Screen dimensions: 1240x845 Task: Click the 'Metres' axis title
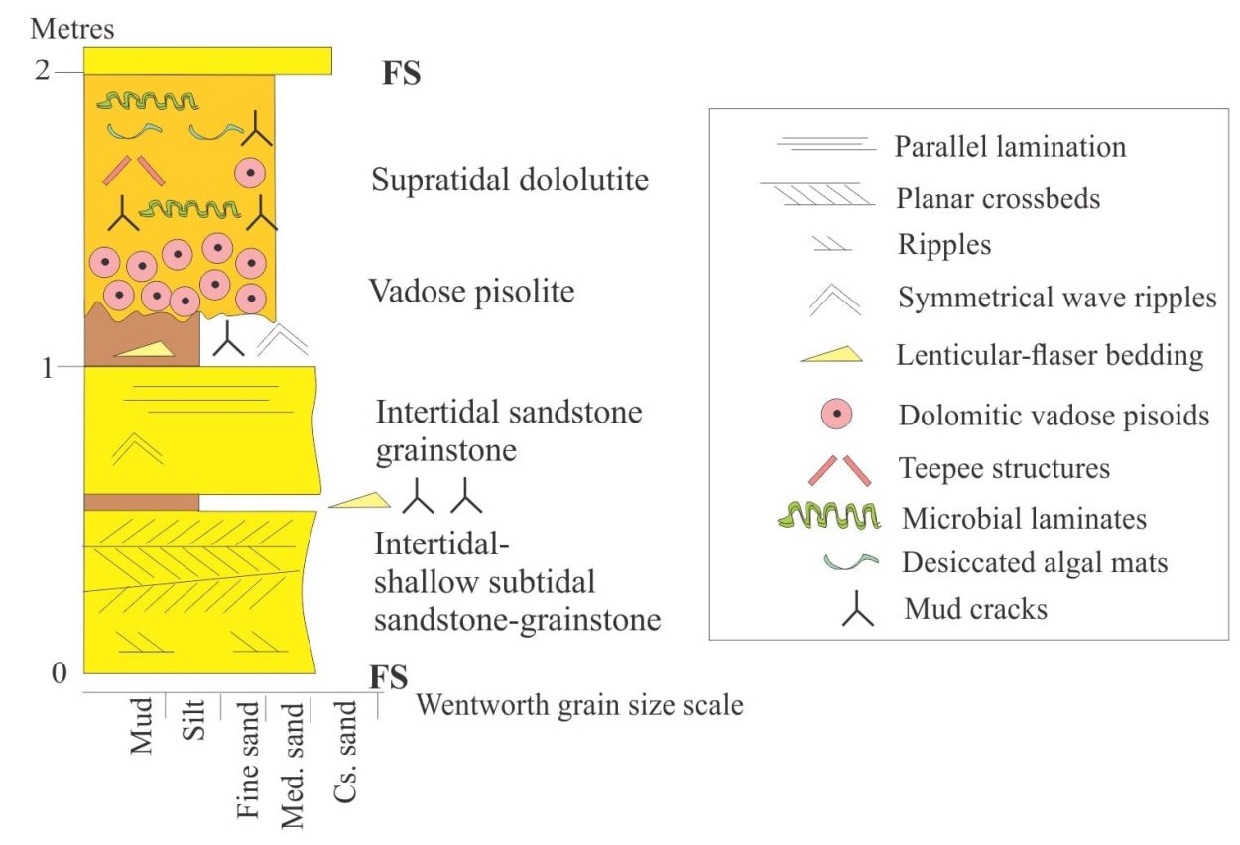tap(72, 29)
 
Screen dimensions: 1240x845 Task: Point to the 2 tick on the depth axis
tap(42, 70)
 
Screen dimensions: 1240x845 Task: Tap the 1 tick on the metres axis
tap(48, 368)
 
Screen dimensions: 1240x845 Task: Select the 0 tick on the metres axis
tap(60, 673)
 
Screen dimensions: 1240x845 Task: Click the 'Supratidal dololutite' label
tap(510, 180)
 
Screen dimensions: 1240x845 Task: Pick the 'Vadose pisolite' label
tap(471, 292)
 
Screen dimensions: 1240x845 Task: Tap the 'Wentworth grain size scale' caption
tap(579, 705)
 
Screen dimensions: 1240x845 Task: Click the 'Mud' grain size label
tap(141, 726)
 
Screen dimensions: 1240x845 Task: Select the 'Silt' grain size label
tap(193, 720)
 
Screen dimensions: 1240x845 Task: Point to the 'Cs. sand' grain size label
tap(345, 752)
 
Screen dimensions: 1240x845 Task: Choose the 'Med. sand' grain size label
tap(293, 766)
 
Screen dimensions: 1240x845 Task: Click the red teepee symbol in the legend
tap(840, 471)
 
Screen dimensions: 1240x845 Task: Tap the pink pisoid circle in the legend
tap(836, 414)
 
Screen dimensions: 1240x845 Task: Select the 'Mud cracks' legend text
tap(975, 609)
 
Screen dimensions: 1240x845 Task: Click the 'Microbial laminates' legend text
tap(1024, 519)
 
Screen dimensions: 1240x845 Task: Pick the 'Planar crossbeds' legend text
tap(998, 198)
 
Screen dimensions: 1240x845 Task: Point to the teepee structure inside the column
tap(133, 171)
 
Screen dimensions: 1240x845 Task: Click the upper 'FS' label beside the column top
tap(402, 73)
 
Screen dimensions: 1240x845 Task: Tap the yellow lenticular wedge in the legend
tap(831, 355)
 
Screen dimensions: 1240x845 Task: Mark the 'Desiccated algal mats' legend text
tap(1035, 562)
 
